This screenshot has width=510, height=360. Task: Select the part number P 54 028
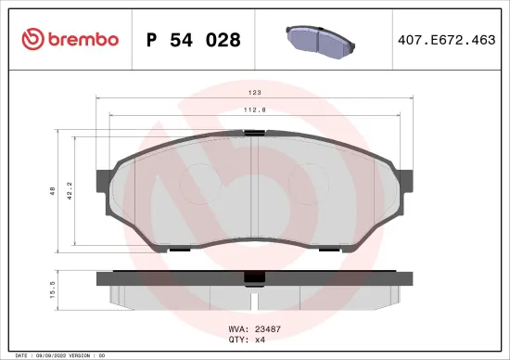pyautogui.click(x=193, y=40)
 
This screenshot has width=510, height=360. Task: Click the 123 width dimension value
pyautogui.click(x=254, y=93)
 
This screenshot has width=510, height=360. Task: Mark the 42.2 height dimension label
pyautogui.click(x=69, y=193)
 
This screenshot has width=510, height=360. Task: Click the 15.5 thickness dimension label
pyautogui.click(x=53, y=289)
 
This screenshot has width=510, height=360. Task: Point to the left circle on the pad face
pyautogui.click(x=196, y=183)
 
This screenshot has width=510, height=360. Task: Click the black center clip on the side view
pyautogui.click(x=252, y=277)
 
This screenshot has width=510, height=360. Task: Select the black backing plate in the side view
pyautogui.click(x=167, y=277)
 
